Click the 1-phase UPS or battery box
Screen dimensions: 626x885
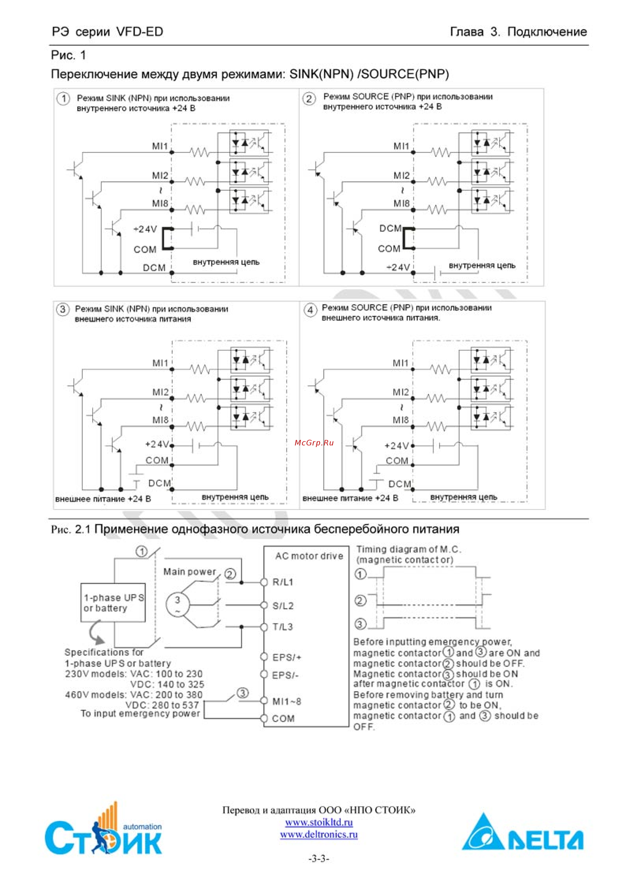coord(113,602)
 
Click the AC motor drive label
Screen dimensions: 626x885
coord(309,556)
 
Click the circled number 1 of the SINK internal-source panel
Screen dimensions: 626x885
coord(63,99)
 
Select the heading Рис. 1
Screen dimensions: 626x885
coord(68,55)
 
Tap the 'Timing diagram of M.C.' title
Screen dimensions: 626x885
coord(408,549)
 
